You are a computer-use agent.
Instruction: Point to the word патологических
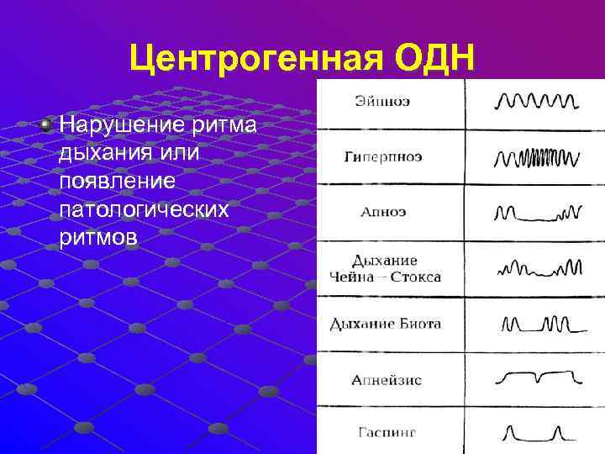click(144, 208)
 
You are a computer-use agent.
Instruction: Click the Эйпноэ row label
click(382, 102)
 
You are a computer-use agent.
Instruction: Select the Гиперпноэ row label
click(383, 157)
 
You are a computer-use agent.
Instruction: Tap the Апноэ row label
click(383, 212)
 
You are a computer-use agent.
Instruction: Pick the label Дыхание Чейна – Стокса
click(385, 268)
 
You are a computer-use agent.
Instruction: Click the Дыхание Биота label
click(385, 324)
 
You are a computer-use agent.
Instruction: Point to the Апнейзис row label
click(386, 379)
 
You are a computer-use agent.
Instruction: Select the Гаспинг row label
click(386, 433)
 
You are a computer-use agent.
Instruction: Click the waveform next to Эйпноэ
click(536, 103)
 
